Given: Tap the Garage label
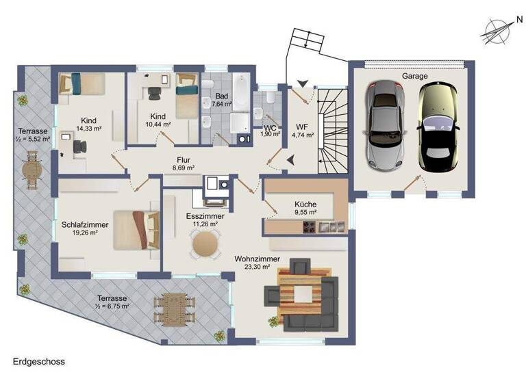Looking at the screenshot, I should pos(415,77).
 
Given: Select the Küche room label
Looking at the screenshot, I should pos(305,204).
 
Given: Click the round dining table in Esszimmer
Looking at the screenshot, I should pos(205,244).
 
